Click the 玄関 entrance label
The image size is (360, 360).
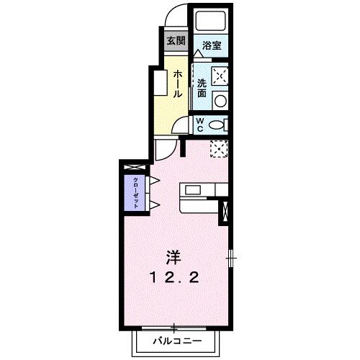(175, 40)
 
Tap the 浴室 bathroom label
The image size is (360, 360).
(211, 45)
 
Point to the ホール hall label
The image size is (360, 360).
(176, 84)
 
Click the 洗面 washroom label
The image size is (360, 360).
(202, 87)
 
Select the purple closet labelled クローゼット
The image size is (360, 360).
(135, 192)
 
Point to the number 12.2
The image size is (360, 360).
(174, 276)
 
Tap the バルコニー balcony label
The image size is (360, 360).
(174, 339)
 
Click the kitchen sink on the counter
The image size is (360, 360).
(194, 189)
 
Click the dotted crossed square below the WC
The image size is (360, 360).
(218, 149)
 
